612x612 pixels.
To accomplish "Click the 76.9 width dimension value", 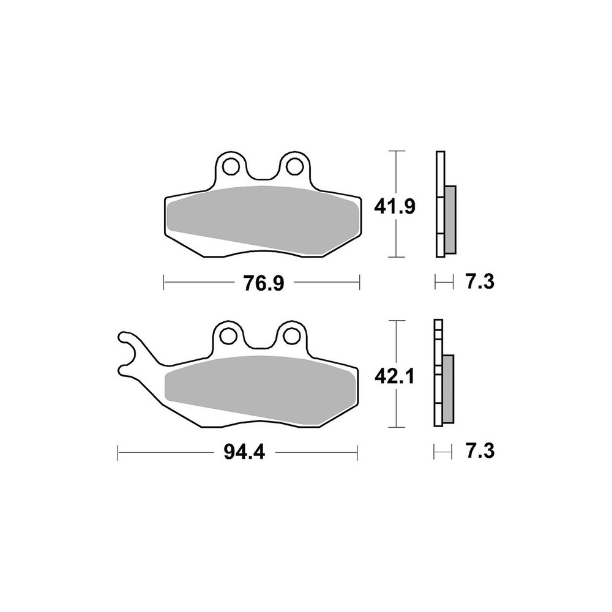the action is tap(263, 283).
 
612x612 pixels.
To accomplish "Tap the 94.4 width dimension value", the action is tap(244, 452).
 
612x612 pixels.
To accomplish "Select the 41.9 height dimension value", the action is tap(395, 206).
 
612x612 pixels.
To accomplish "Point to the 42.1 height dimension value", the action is tap(394, 376).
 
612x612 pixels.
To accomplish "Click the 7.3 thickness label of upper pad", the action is tap(480, 282).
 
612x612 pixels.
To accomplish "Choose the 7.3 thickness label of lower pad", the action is tap(480, 451).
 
